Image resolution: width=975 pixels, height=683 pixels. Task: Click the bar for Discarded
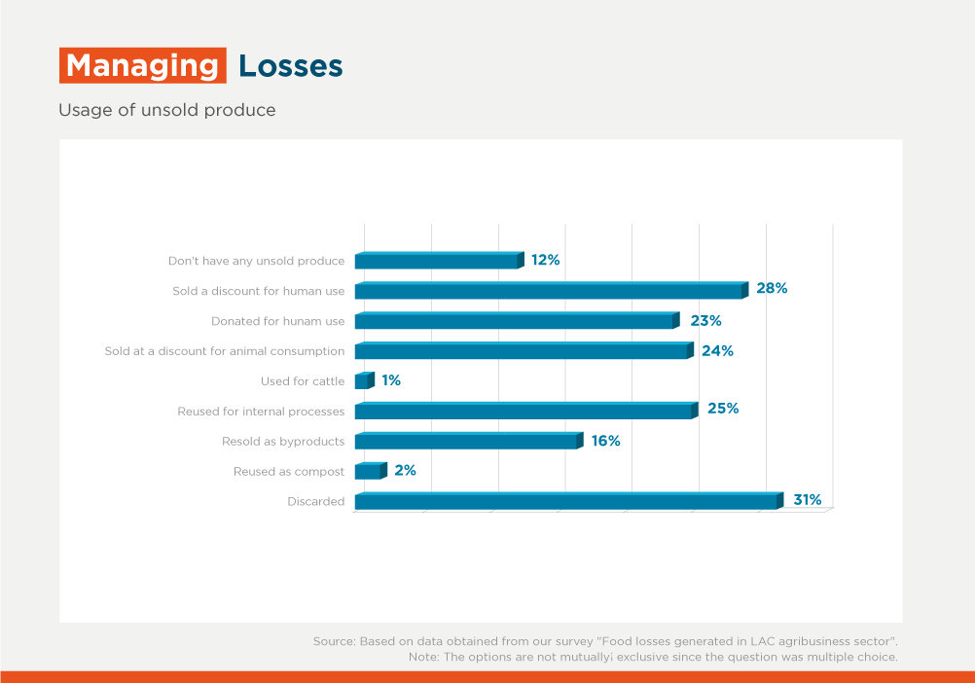(x=568, y=502)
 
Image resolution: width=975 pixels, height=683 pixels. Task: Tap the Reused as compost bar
(x=370, y=472)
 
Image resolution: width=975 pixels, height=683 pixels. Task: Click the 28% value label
(x=772, y=289)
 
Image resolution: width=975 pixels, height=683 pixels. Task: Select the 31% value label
(x=807, y=500)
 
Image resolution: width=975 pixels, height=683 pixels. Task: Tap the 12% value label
(x=545, y=260)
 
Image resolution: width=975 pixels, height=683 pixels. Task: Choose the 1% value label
(x=391, y=380)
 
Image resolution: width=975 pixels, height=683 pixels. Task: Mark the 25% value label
(x=723, y=409)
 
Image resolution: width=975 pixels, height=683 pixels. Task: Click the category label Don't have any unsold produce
(x=256, y=262)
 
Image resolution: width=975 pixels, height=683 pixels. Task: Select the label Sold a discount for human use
(x=258, y=291)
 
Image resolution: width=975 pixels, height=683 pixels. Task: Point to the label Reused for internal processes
(x=261, y=412)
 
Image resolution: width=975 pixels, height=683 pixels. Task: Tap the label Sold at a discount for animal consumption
(x=225, y=351)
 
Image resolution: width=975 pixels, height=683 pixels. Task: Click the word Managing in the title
(x=142, y=66)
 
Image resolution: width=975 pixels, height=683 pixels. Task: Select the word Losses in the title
(x=291, y=66)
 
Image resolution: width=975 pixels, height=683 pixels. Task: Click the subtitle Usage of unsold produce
(x=167, y=110)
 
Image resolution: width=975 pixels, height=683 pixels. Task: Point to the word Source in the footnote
(x=334, y=641)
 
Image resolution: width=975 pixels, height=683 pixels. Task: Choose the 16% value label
(x=605, y=441)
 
